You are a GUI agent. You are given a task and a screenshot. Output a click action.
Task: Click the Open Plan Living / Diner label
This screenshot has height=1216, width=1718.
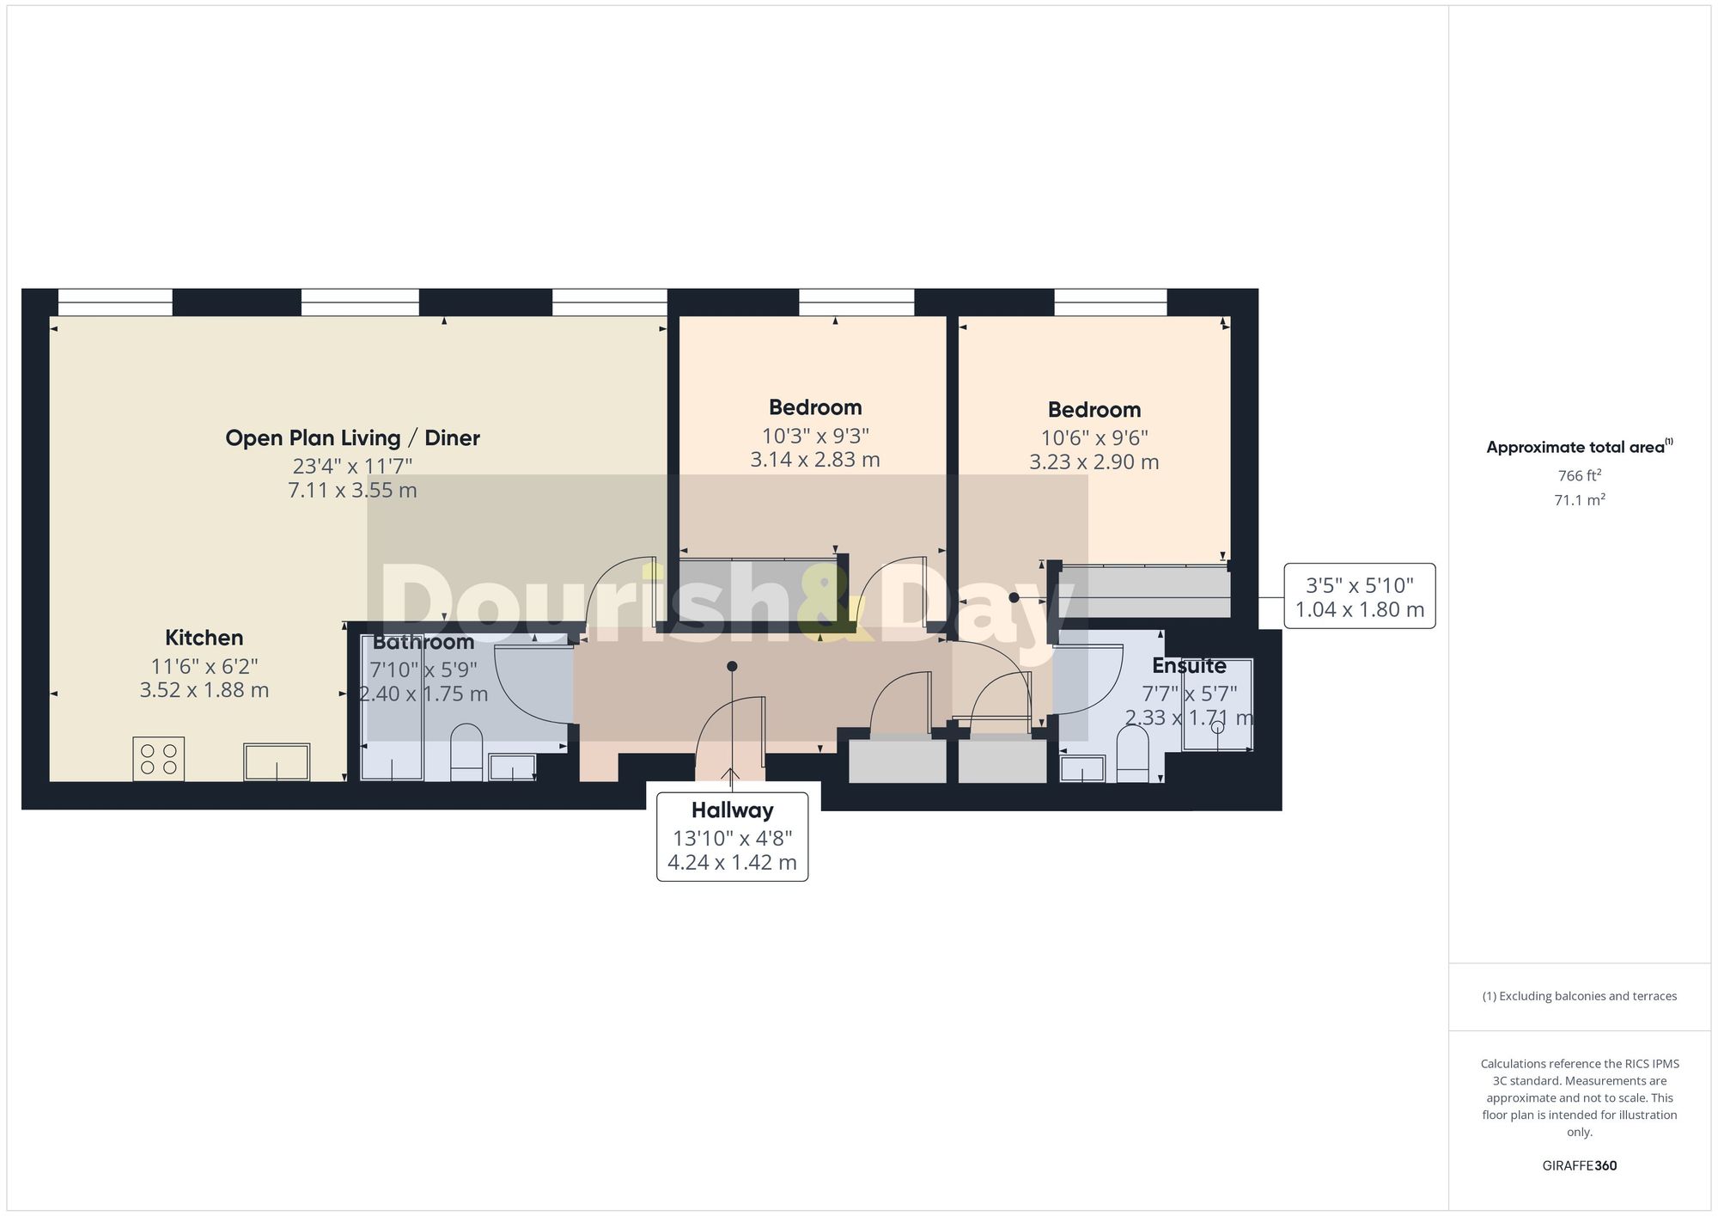(x=352, y=438)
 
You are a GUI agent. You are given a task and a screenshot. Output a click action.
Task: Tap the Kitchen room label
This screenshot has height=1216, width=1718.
(x=204, y=638)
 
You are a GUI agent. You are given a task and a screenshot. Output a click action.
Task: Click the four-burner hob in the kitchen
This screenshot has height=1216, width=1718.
(x=159, y=759)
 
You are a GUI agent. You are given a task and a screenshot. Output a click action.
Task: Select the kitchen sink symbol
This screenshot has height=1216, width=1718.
(x=277, y=762)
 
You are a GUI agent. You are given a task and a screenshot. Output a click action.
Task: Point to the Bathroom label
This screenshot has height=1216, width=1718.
(x=423, y=642)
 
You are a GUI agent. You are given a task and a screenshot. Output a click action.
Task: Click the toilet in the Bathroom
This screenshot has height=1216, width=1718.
(x=466, y=753)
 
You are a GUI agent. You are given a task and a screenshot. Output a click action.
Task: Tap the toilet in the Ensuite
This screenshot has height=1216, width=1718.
(x=1132, y=755)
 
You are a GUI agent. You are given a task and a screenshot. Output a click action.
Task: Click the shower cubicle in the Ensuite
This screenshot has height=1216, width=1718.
(x=1217, y=705)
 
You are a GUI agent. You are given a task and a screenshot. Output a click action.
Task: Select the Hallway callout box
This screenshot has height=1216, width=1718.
(x=732, y=836)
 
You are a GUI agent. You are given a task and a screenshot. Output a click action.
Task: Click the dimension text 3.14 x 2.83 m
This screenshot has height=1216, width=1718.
(x=815, y=460)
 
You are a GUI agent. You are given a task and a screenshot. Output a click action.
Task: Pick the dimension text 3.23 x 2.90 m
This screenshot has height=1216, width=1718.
(x=1094, y=462)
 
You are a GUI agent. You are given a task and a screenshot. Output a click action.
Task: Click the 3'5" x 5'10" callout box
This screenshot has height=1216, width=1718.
(x=1359, y=596)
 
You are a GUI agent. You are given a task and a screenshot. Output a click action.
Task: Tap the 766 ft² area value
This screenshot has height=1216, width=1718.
(x=1579, y=475)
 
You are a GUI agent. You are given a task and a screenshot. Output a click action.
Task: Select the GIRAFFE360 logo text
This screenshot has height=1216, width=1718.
(x=1579, y=1166)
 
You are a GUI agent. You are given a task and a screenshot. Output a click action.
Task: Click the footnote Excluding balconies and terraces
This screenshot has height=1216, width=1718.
(x=1579, y=996)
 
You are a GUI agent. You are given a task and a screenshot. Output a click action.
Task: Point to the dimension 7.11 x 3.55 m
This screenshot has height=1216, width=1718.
(x=352, y=491)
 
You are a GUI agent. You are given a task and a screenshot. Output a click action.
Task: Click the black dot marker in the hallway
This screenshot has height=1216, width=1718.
(x=732, y=666)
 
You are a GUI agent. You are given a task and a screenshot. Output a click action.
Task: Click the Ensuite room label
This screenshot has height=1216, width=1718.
(x=1189, y=666)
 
